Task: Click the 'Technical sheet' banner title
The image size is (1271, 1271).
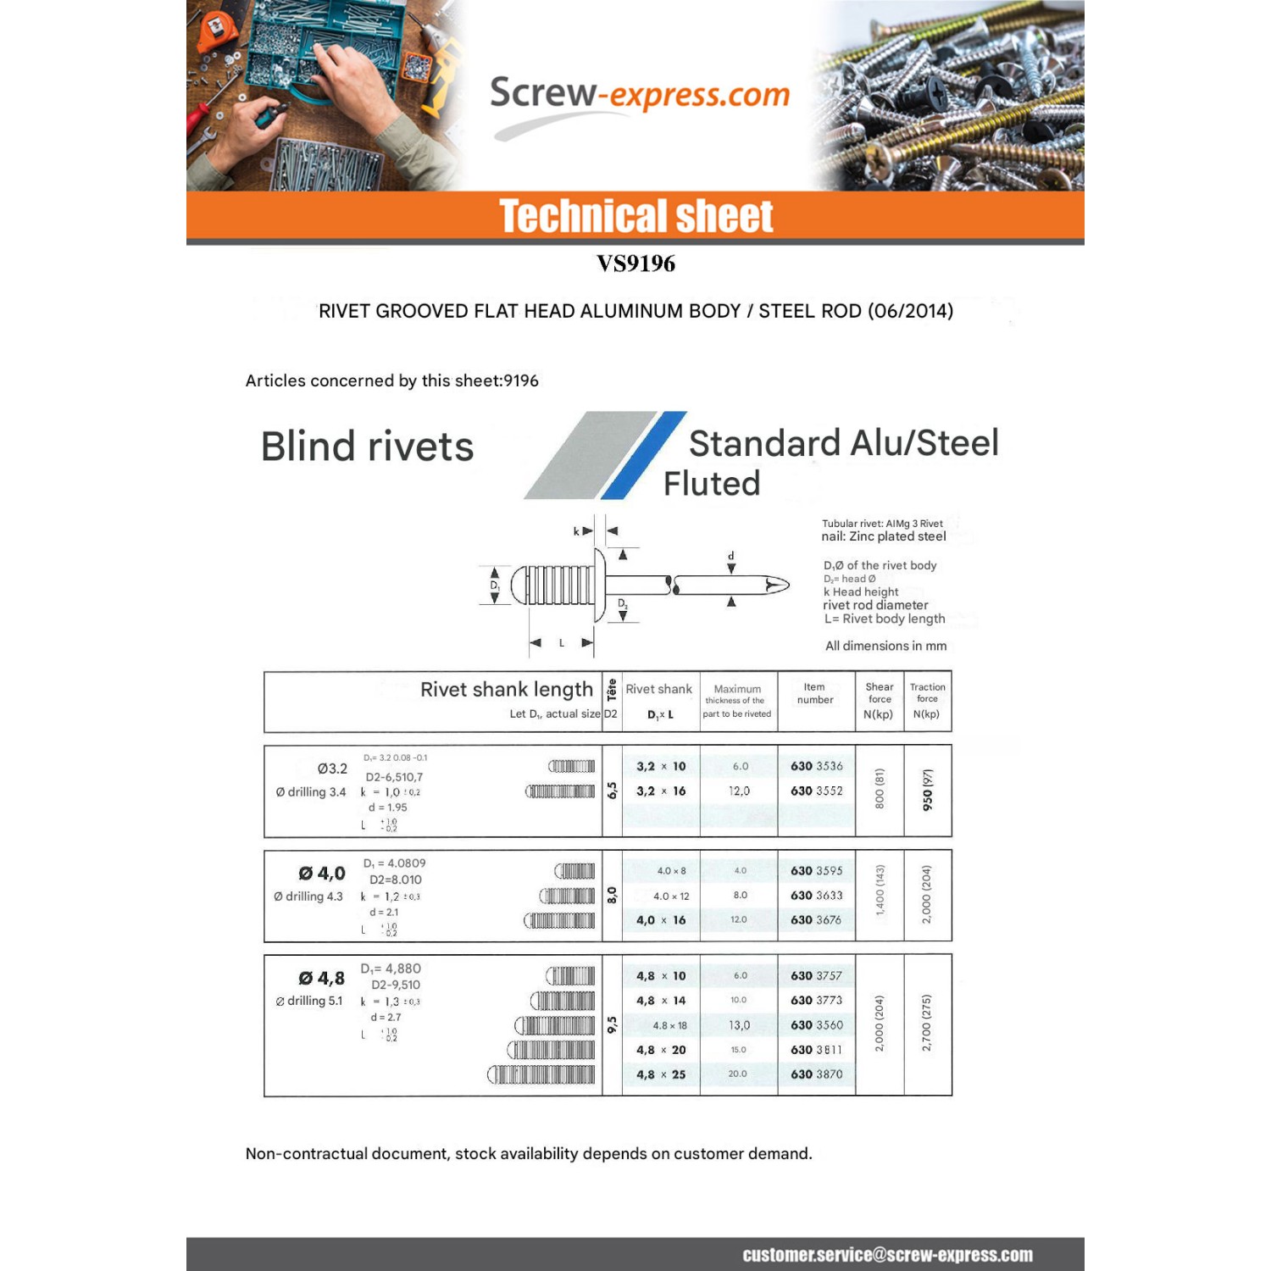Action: (635, 216)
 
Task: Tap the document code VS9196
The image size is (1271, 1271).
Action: (635, 264)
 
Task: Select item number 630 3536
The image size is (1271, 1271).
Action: (816, 766)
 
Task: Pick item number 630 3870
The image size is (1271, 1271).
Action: (816, 1074)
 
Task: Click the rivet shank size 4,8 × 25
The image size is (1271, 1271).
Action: (661, 1074)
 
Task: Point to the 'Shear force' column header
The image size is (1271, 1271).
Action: (879, 700)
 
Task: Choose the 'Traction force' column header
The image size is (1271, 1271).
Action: (927, 700)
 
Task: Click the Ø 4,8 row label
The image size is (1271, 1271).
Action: (321, 978)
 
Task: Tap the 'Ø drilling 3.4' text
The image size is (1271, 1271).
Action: (311, 792)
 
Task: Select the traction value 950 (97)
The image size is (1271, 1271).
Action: (928, 790)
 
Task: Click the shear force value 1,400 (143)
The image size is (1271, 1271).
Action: (880, 890)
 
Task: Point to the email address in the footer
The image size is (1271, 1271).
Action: (887, 1255)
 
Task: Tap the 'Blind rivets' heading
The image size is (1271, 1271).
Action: (367, 447)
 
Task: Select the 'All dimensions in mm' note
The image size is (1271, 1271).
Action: (885, 646)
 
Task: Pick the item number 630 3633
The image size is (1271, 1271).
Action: (816, 895)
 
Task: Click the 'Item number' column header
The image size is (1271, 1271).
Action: (814, 693)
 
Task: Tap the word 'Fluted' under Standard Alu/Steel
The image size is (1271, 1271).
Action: (712, 484)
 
